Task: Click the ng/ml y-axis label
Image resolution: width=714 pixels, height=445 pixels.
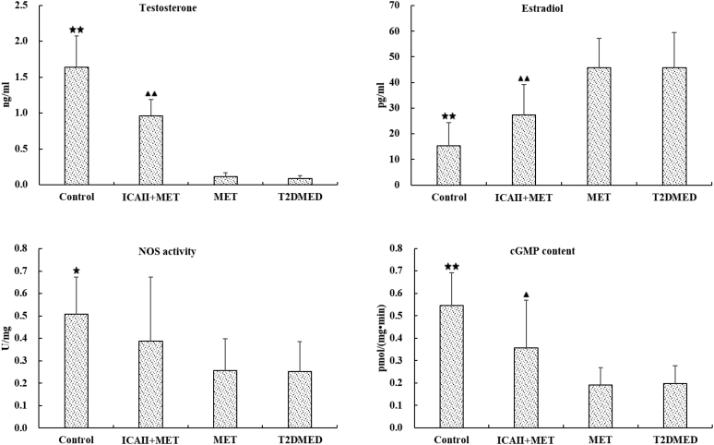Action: coord(7,95)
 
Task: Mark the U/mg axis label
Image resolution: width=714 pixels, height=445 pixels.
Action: coord(7,336)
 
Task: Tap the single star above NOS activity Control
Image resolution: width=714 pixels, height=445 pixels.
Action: coord(76,271)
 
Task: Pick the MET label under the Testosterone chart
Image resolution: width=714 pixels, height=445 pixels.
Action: coord(225,197)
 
